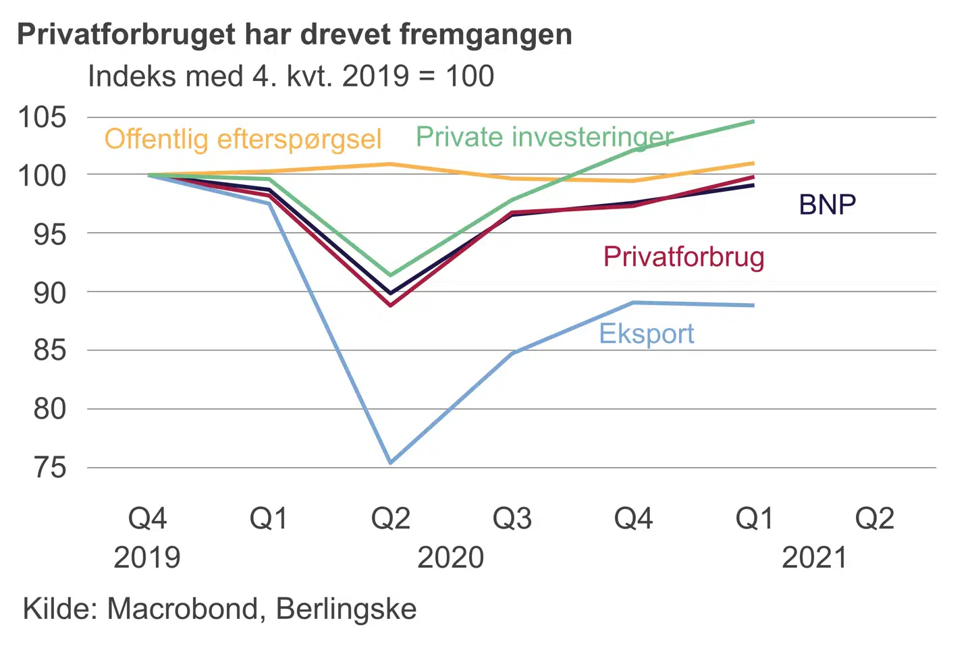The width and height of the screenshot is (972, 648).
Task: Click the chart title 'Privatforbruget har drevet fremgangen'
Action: click(294, 34)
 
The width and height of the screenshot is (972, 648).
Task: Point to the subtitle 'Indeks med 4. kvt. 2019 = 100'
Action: click(291, 76)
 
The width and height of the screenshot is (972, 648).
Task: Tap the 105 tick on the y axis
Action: click(42, 117)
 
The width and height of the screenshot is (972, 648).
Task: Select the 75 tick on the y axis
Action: click(50, 467)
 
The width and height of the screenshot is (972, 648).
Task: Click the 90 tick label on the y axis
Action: click(50, 292)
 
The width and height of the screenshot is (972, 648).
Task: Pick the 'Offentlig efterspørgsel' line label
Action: click(243, 139)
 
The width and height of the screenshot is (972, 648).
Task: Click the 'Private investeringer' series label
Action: click(544, 137)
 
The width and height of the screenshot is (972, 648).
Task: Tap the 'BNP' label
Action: click(827, 205)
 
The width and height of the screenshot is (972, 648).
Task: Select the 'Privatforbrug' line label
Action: click(683, 257)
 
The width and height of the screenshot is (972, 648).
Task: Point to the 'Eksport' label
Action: click(646, 333)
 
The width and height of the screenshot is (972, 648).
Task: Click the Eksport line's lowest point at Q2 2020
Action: click(391, 462)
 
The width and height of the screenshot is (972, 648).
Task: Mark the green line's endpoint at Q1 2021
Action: click(753, 122)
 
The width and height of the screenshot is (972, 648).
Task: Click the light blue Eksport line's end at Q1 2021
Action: click(753, 305)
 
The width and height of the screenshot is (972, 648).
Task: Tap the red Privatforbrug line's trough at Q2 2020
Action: click(391, 305)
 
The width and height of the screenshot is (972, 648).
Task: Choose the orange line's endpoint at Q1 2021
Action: click(753, 163)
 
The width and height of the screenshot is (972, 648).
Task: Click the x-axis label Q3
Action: click(512, 518)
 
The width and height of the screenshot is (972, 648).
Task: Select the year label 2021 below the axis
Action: click(814, 558)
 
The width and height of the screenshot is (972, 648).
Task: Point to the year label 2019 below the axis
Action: click(147, 558)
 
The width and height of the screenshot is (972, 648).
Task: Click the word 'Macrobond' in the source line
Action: click(182, 609)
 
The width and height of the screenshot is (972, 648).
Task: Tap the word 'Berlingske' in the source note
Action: click(346, 609)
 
